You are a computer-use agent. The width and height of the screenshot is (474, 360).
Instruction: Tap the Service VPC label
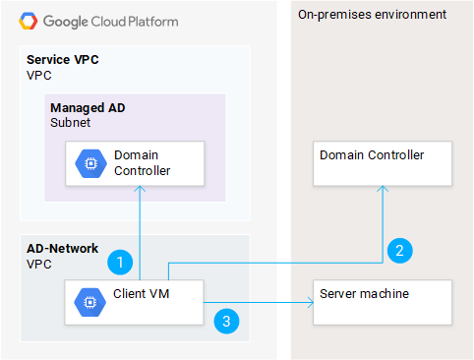pos(63,60)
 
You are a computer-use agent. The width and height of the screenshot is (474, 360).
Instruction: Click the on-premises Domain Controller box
pos(382,163)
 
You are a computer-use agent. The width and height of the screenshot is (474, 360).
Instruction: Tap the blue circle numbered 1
pos(119,262)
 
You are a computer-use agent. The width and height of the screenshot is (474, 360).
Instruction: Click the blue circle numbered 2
pos(399,249)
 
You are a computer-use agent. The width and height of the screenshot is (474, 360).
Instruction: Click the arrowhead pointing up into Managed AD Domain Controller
pos(141,191)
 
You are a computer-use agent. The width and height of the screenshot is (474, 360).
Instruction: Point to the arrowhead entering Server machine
pos(308,305)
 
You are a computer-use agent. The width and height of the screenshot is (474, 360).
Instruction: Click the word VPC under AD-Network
pos(38,265)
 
